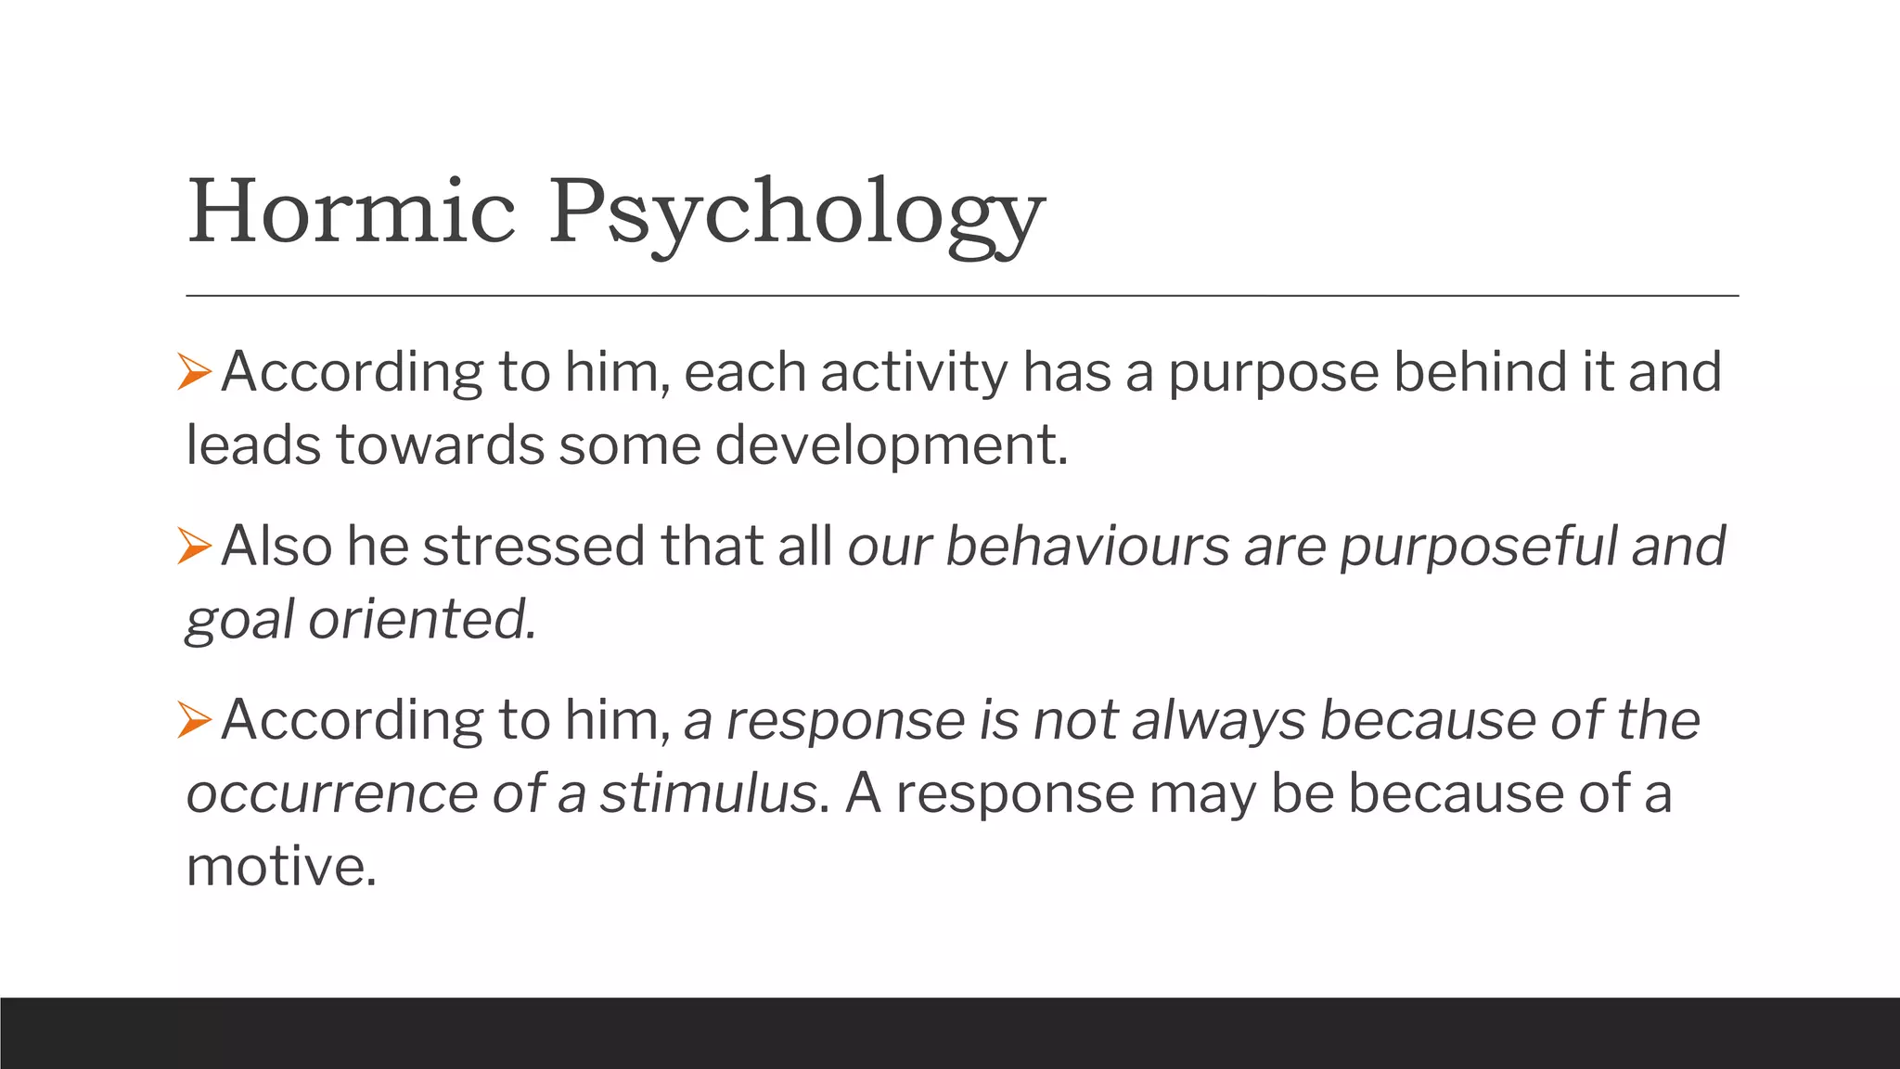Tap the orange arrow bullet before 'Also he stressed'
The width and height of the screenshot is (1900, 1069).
pyautogui.click(x=195, y=546)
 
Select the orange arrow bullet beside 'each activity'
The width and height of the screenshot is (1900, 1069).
pyautogui.click(x=195, y=372)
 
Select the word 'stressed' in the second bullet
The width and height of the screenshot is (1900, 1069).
pyautogui.click(x=533, y=546)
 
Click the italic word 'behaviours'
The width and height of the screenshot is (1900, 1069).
pyautogui.click(x=1087, y=546)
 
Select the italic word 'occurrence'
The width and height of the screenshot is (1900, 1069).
pyautogui.click(x=331, y=794)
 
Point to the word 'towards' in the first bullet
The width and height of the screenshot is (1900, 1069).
pyautogui.click(x=440, y=445)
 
